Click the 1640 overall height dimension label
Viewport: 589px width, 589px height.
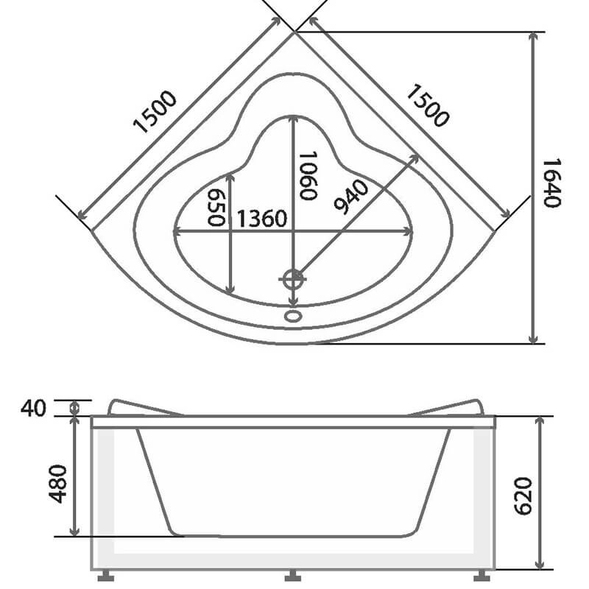point(552,183)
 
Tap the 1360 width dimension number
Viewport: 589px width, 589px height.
point(262,219)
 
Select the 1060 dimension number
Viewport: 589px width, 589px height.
point(308,175)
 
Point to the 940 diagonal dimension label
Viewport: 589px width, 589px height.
point(351,197)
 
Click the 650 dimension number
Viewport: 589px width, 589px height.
point(216,208)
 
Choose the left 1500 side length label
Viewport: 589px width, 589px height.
point(155,112)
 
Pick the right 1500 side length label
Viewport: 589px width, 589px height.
point(427,105)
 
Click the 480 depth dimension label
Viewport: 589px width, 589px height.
point(58,484)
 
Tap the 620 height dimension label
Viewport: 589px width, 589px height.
point(523,496)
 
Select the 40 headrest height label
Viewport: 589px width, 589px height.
point(33,409)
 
